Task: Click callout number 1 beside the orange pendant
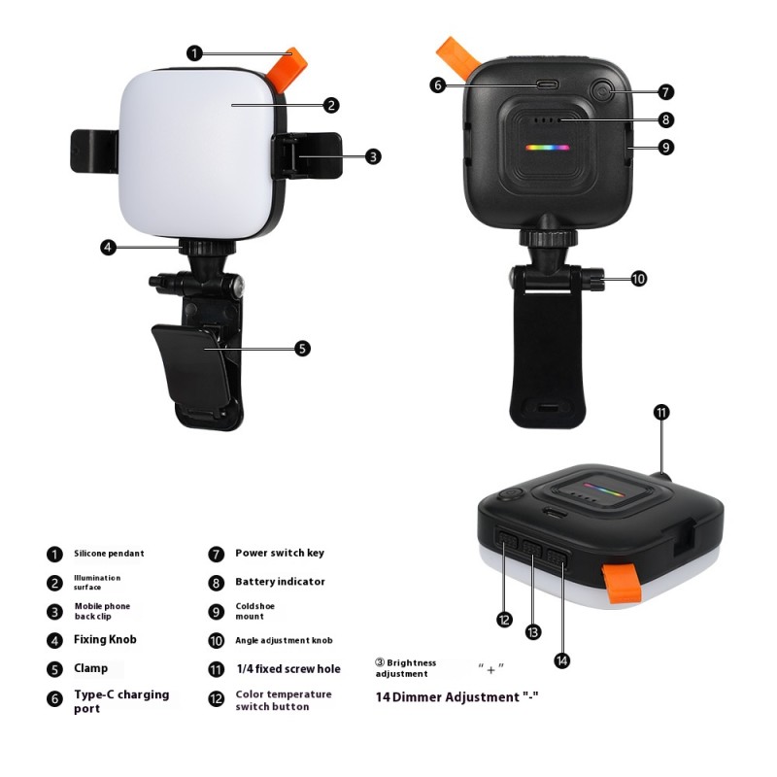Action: point(195,52)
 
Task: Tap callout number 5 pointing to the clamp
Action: point(302,348)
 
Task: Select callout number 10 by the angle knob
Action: point(638,279)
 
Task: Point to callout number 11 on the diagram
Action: point(661,412)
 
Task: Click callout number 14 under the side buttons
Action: point(562,660)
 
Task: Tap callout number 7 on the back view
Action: point(665,92)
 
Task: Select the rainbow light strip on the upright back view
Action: point(548,149)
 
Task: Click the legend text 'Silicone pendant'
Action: point(109,554)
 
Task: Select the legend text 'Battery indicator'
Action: point(280,582)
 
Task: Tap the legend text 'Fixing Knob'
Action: point(105,639)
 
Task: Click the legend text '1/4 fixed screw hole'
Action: point(287,668)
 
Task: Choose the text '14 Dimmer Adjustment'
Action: point(456,696)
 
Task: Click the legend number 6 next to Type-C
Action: point(53,698)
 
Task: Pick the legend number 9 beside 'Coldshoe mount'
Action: point(216,612)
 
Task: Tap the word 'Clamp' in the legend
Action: point(90,668)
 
